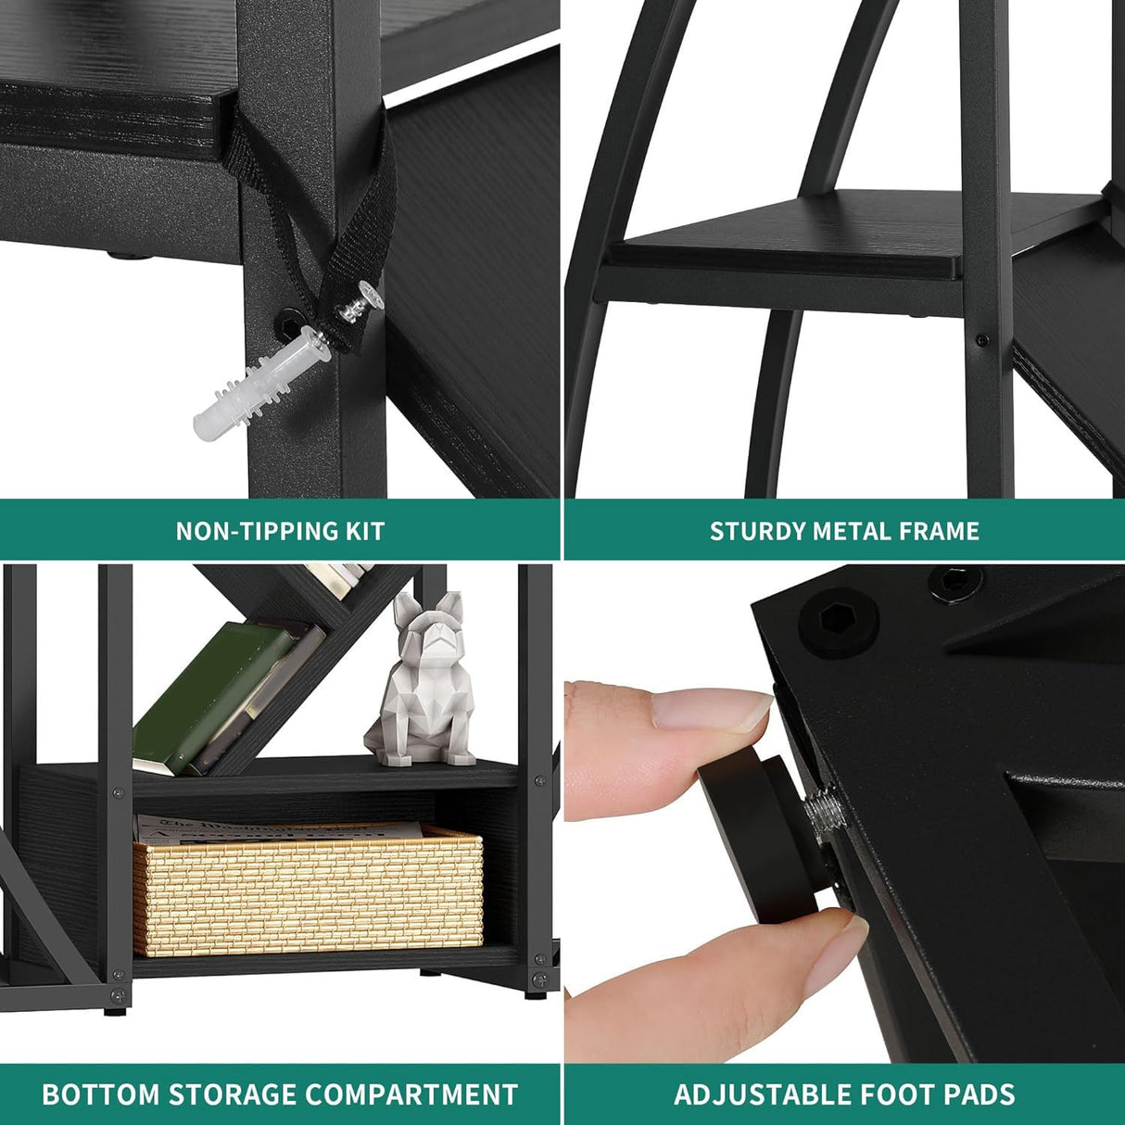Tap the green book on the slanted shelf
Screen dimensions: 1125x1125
(x=215, y=698)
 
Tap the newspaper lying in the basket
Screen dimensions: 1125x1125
(x=280, y=828)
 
